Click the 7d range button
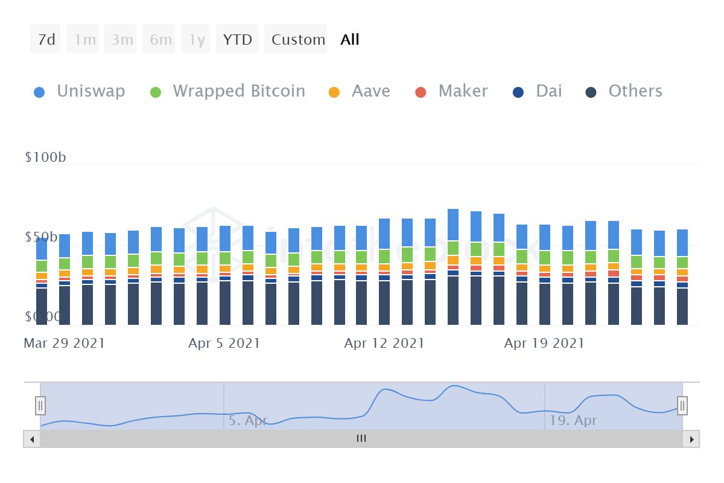pyautogui.click(x=46, y=39)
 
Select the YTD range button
pyautogui.click(x=237, y=39)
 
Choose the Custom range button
pyautogui.click(x=297, y=39)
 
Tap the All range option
pyautogui.click(x=350, y=39)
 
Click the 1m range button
pyautogui.click(x=84, y=39)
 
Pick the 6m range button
pyautogui.click(x=160, y=39)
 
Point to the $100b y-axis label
pyautogui.click(x=45, y=158)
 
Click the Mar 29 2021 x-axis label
pyautogui.click(x=64, y=344)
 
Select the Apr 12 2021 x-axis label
pyautogui.click(x=384, y=344)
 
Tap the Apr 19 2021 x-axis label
pyautogui.click(x=544, y=344)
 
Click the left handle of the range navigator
pyautogui.click(x=40, y=405)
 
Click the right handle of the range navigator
pyautogui.click(x=682, y=405)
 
